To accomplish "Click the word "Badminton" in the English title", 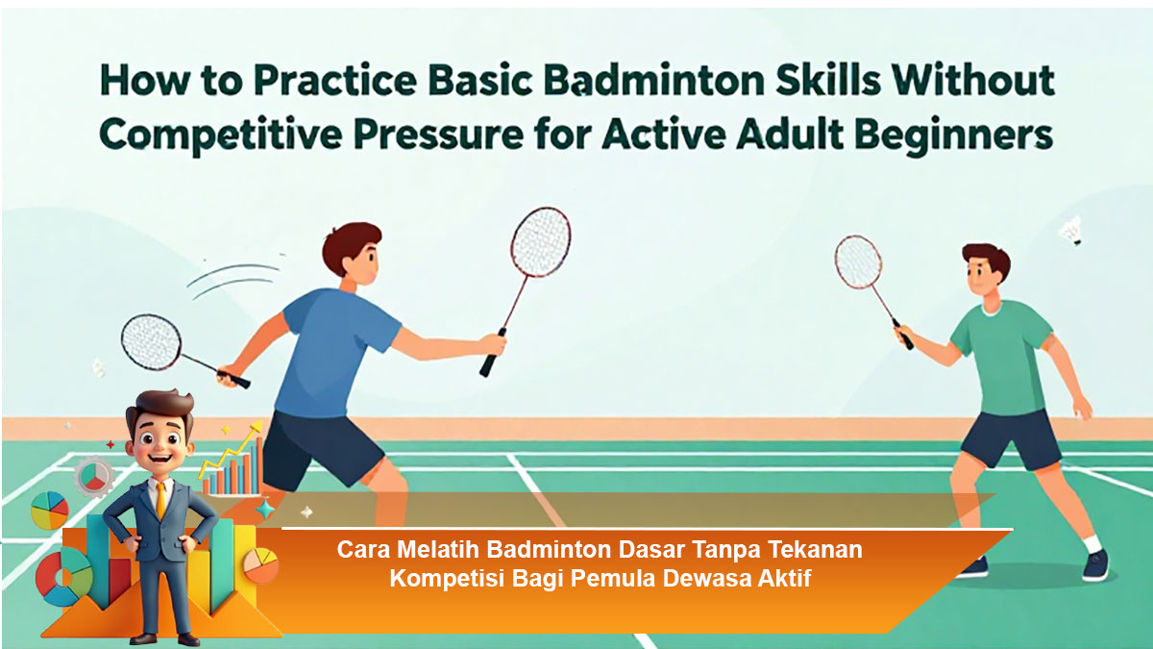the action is click(x=654, y=82).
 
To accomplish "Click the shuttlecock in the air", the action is click(x=1072, y=232).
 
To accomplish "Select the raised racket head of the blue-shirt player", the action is click(x=540, y=241).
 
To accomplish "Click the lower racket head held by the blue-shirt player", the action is click(x=151, y=341).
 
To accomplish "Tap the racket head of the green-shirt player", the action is click(x=858, y=262).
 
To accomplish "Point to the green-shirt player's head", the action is click(x=985, y=272).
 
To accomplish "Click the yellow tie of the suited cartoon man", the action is click(x=161, y=500).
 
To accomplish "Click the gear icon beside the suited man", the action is click(x=93, y=476).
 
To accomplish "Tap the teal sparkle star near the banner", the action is click(x=265, y=510).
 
